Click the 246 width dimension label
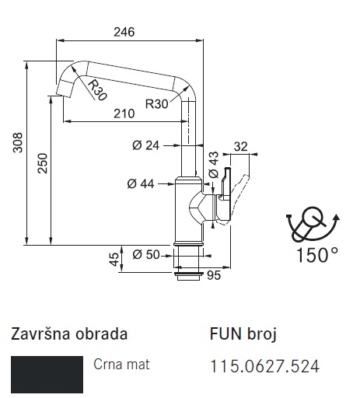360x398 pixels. pos(124,32)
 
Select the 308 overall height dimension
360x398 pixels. pos(18,142)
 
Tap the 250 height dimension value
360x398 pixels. pos(43,163)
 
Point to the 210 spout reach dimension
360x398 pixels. pos(124,113)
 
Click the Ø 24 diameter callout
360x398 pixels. pos(145,145)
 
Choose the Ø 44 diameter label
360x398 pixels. pos(141,184)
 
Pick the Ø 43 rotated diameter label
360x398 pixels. pos(214,165)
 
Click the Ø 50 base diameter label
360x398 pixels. pos(146,254)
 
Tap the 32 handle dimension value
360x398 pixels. pos(241,147)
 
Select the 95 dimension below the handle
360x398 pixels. pos(214,275)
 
